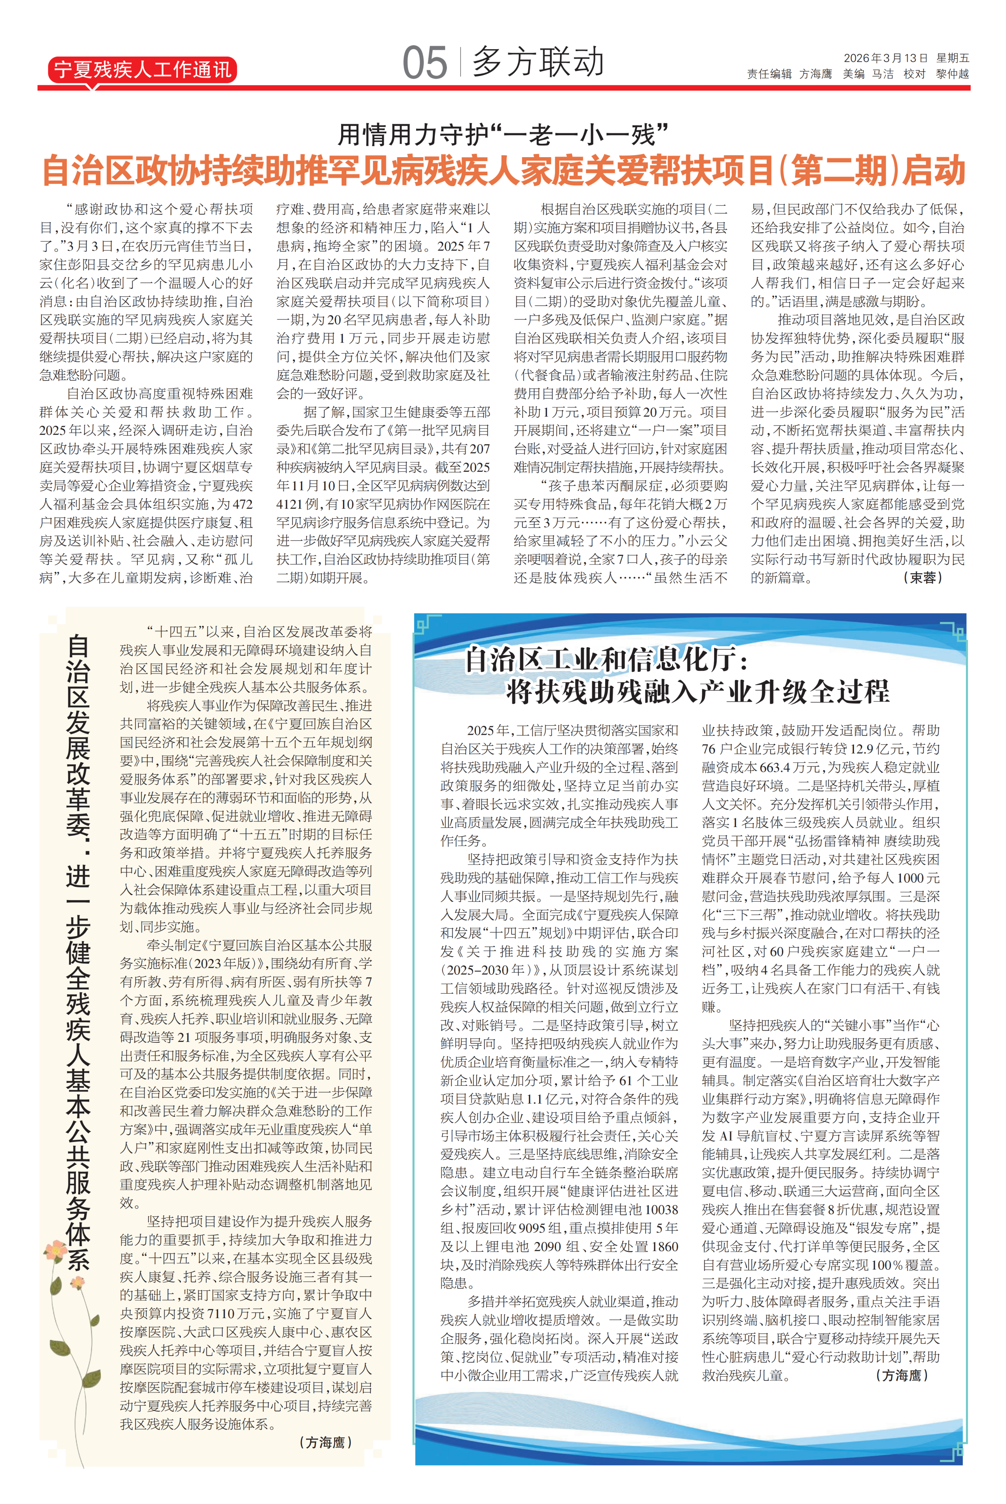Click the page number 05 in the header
pyautogui.click(x=424, y=64)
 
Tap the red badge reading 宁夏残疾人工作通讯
pyautogui.click(x=142, y=69)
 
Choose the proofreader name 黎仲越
pyautogui.click(x=952, y=74)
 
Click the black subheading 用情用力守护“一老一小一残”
pyautogui.click(x=503, y=135)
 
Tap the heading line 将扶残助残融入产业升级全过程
pyautogui.click(x=698, y=692)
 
